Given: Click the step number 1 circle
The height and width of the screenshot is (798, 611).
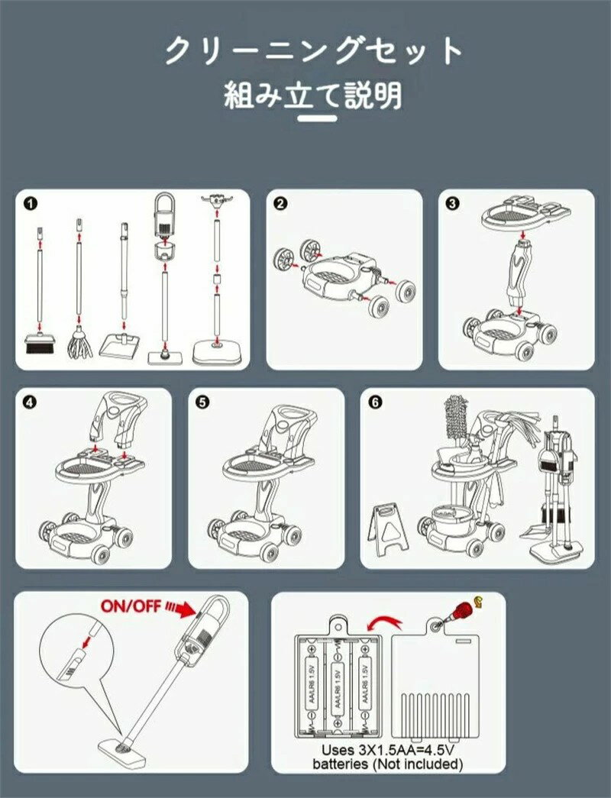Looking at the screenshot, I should tap(30, 203).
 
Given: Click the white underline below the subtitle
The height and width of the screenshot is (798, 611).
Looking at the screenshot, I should tap(316, 118).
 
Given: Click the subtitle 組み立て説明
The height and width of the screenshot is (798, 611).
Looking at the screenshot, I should tap(313, 96).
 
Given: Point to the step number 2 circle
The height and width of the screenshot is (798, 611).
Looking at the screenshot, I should tap(280, 203).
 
